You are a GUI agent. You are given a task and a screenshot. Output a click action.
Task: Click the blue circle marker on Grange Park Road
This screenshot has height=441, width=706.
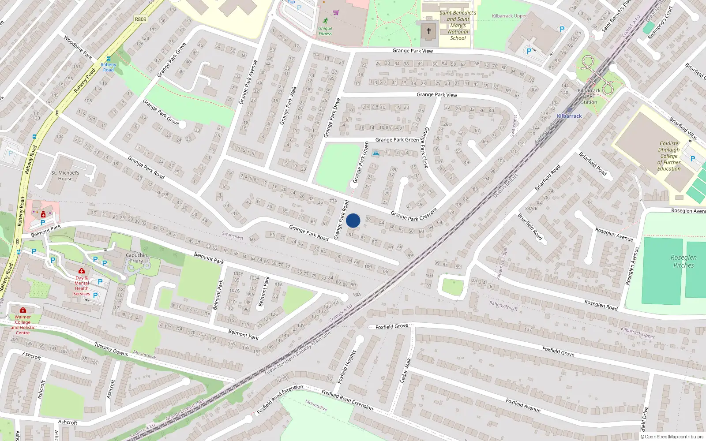(353, 220)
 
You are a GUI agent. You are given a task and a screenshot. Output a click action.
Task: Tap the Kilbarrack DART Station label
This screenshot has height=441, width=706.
(589, 96)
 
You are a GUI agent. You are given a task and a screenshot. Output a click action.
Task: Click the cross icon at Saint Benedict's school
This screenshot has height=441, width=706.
(428, 31)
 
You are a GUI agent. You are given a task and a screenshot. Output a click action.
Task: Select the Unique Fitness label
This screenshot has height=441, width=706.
(325, 31)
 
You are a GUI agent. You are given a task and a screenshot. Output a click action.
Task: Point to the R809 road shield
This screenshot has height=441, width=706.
(140, 19)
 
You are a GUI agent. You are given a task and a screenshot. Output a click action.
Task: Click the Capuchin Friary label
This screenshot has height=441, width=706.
(136, 258)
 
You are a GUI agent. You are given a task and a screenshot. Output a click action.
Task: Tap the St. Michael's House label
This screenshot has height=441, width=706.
(65, 176)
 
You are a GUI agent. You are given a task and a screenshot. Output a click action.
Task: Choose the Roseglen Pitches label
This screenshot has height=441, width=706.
(683, 261)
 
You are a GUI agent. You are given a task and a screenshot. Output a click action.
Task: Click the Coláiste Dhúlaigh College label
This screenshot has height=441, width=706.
(669, 156)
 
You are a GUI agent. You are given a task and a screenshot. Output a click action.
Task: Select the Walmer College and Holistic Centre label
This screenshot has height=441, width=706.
(23, 325)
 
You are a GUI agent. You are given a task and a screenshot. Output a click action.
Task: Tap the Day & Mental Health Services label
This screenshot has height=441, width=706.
(82, 286)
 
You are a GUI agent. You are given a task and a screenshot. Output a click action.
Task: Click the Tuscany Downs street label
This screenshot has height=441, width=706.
(111, 349)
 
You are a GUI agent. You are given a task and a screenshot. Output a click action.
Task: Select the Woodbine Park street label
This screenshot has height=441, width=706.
(78, 47)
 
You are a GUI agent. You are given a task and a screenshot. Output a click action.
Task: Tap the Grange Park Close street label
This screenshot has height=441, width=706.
(425, 147)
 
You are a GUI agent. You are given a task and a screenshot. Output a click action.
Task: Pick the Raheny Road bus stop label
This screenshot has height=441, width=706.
(108, 67)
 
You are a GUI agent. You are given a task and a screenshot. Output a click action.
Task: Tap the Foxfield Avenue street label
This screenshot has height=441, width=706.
(523, 405)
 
